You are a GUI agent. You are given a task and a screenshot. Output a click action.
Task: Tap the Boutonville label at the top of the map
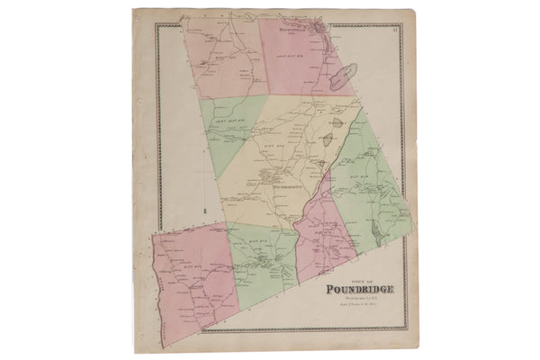[x=295, y=28]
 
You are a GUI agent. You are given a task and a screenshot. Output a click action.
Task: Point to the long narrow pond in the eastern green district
[x=379, y=232]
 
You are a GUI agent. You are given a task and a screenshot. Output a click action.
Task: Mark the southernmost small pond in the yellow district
[x=321, y=162]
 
